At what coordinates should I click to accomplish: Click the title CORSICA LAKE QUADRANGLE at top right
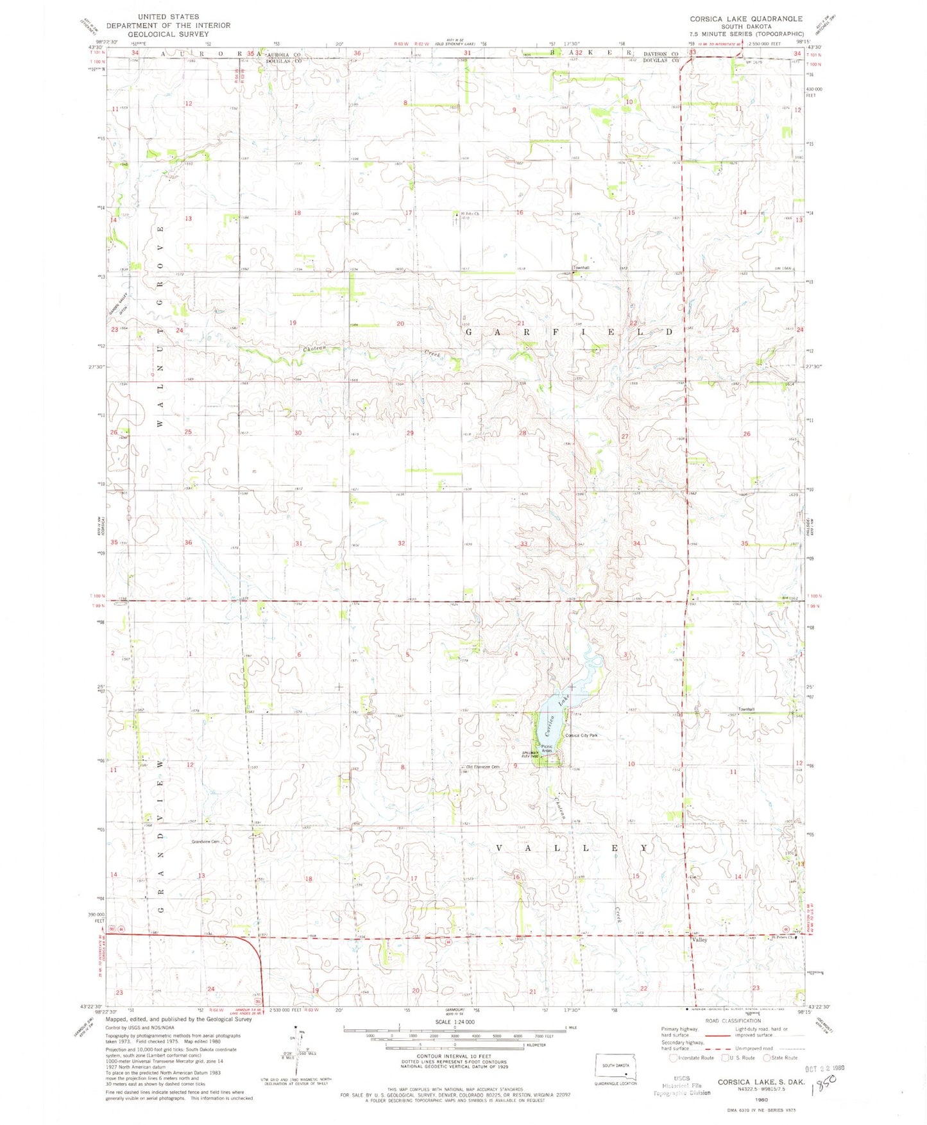tap(745, 19)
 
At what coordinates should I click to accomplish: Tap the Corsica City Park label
tap(581, 735)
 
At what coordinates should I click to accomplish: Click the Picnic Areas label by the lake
tap(547, 749)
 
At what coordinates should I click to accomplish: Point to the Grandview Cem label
tap(206, 841)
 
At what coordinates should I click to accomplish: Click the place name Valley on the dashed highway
tap(699, 940)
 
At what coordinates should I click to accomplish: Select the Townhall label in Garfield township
tap(581, 268)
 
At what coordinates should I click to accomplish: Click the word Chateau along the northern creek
tap(314, 348)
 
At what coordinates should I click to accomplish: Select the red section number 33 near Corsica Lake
tap(524, 544)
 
